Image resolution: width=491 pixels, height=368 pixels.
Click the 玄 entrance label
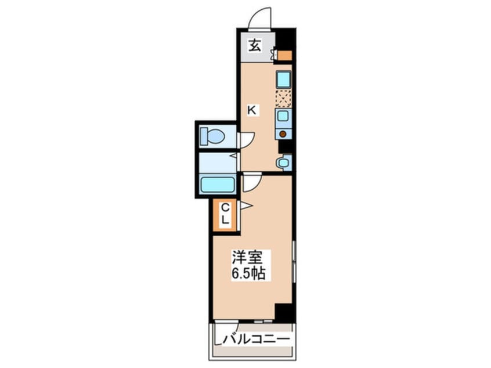pyautogui.click(x=255, y=46)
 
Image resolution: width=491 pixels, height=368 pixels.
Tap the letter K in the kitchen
pyautogui.click(x=252, y=110)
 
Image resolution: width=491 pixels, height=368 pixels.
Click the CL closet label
pyautogui.click(x=225, y=214)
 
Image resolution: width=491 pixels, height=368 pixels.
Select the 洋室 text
pyautogui.click(x=247, y=258)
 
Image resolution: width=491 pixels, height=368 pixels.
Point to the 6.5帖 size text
pyautogui.click(x=248, y=273)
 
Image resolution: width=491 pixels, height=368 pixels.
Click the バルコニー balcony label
pyautogui.click(x=256, y=339)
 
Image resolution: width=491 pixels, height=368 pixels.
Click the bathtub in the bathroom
pyautogui.click(x=218, y=185)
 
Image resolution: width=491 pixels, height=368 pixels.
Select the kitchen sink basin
pyautogui.click(x=283, y=116)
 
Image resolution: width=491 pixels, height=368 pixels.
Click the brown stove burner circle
pyautogui.click(x=283, y=134)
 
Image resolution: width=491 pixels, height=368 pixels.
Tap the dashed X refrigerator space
pyautogui.click(x=283, y=99)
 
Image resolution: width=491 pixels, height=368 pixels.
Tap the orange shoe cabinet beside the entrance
pyautogui.click(x=285, y=56)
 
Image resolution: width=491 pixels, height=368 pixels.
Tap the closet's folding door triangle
pyautogui.click(x=246, y=206)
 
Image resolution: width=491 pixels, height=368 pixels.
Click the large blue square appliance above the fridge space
pyautogui.click(x=283, y=80)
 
